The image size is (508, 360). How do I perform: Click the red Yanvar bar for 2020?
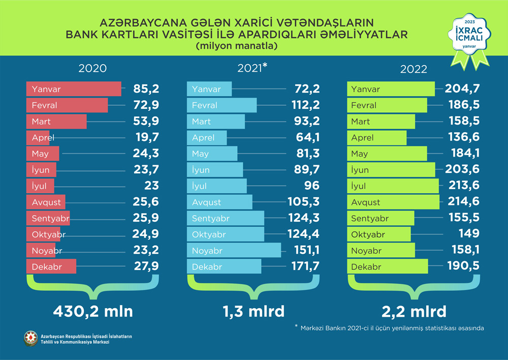[x=74, y=89]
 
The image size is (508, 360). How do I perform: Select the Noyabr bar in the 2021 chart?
[x=234, y=251]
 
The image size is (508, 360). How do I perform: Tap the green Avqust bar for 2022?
[x=394, y=202]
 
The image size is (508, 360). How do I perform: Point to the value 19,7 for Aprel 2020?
[x=146, y=138]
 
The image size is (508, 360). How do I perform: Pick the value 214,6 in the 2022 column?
[x=462, y=202]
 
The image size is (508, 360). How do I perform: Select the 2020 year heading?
[x=92, y=69]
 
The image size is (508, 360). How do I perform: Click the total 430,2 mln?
[x=92, y=311]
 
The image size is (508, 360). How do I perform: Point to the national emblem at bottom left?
[x=31, y=339]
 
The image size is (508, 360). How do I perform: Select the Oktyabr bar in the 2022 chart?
[x=378, y=234]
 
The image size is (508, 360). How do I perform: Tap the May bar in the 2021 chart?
[x=212, y=154]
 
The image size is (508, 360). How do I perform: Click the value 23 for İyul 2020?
[x=151, y=186]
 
